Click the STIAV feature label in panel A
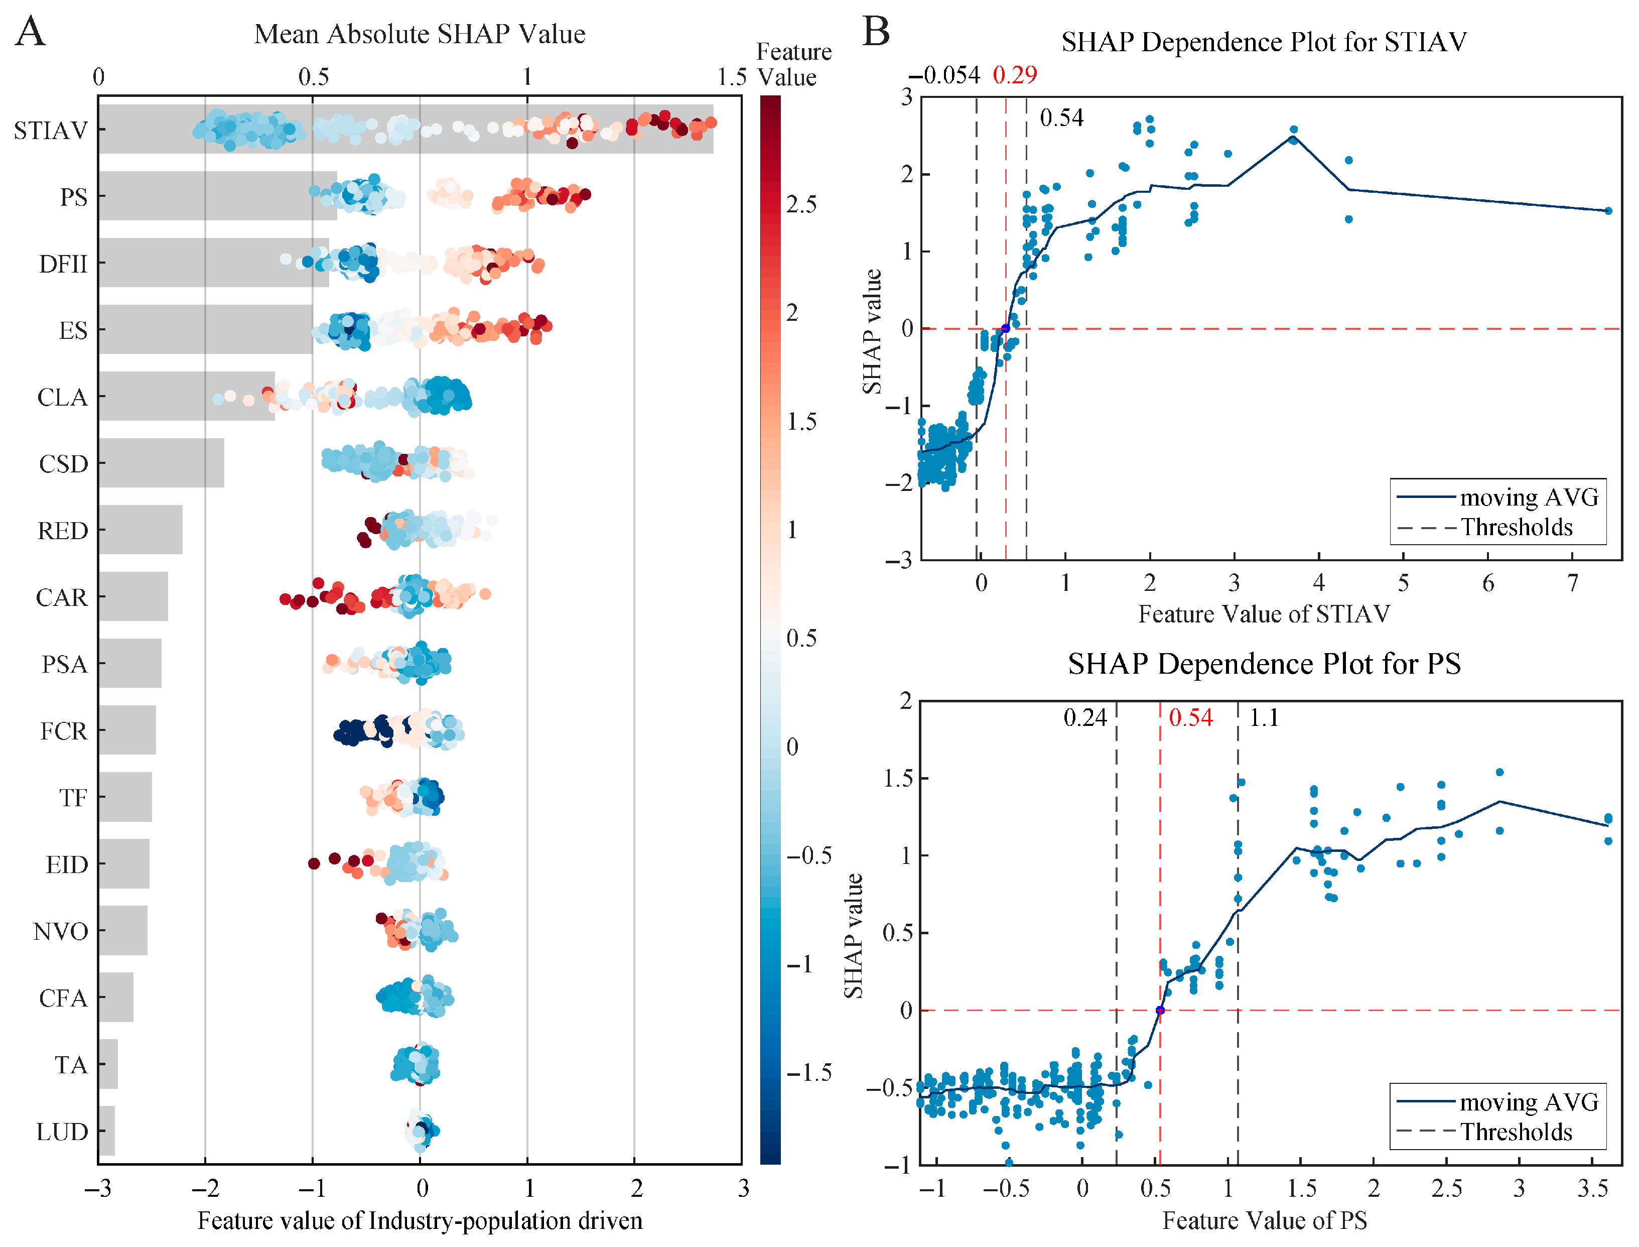[51, 130]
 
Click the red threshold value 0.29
[1014, 74]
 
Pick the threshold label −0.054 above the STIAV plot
[944, 75]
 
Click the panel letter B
[876, 32]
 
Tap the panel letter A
[31, 32]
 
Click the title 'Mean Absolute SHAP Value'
[420, 34]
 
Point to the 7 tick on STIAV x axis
[1572, 583]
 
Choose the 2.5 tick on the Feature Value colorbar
[801, 204]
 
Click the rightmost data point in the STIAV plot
[1608, 211]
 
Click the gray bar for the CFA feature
[116, 997]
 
